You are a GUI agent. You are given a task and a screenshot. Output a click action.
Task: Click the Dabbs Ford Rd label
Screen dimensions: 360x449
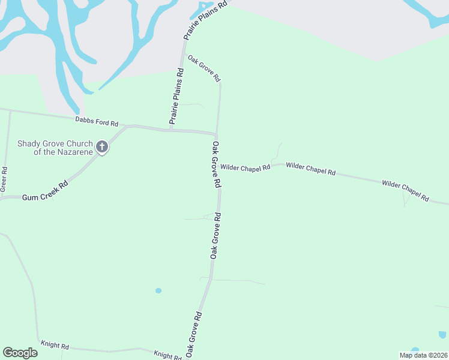click(x=97, y=121)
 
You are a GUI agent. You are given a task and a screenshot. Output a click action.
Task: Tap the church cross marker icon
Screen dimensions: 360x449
click(x=102, y=146)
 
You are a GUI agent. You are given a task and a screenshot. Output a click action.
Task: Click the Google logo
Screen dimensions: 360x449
click(x=20, y=353)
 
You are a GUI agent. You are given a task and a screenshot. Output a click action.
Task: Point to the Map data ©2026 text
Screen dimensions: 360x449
click(x=423, y=355)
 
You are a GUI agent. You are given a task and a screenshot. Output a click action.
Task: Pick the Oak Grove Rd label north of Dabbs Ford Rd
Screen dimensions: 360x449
click(x=204, y=68)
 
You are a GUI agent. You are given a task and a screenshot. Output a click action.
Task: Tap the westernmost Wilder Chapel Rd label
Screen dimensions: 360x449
click(x=245, y=168)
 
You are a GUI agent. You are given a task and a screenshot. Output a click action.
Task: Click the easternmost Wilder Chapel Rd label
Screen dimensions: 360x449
click(x=406, y=190)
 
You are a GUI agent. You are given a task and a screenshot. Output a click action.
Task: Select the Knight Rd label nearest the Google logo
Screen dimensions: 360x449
click(x=55, y=346)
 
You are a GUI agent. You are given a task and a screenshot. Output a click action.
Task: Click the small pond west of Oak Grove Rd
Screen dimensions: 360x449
click(x=158, y=291)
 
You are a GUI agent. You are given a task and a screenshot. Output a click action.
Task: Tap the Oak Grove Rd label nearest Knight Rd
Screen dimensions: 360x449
click(x=193, y=332)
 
